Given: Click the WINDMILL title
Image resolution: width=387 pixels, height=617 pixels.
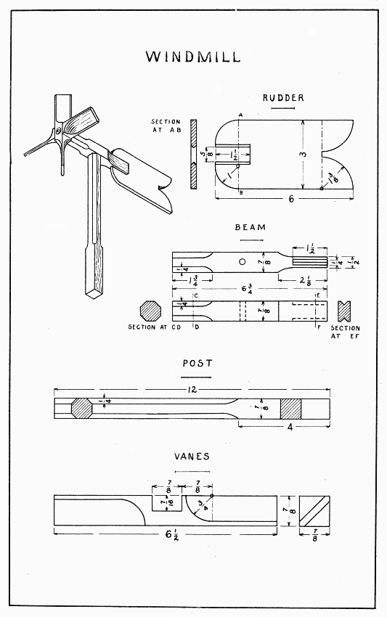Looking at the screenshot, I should point(192,57).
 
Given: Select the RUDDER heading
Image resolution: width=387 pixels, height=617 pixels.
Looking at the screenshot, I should point(283,98).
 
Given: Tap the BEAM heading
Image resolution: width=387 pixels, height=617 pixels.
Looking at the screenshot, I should point(250,227).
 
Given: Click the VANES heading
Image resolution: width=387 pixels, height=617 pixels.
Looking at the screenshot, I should point(192,457).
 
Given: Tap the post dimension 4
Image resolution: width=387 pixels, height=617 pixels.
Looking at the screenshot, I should point(289,428).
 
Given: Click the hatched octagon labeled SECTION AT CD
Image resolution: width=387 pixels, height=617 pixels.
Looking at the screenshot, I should point(151,310).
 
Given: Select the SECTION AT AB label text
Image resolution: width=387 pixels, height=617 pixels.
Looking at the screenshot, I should point(165,126).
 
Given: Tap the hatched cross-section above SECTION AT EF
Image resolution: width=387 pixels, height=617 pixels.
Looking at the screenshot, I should point(346,310).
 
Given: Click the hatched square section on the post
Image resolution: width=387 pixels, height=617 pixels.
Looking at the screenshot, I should point(290,408).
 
